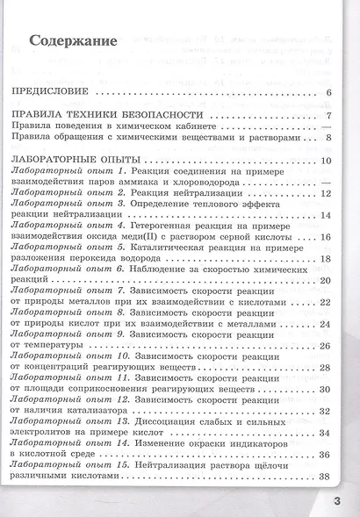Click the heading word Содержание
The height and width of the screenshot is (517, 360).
pyautogui.click(x=74, y=40)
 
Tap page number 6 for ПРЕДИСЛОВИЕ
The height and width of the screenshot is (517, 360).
pyautogui.click(x=326, y=93)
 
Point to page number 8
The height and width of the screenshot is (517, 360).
pyautogui.click(x=326, y=137)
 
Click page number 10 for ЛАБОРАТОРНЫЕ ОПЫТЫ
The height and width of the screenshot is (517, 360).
pyautogui.click(x=324, y=160)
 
